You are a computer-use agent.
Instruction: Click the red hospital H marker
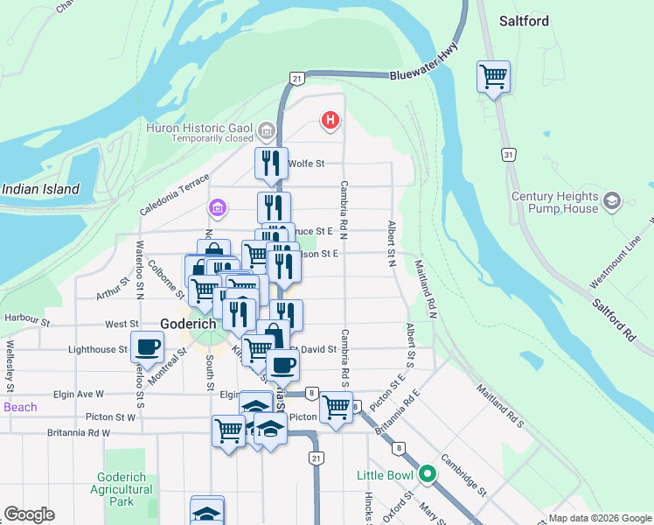[x=330, y=120]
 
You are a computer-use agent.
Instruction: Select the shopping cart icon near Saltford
[x=494, y=76]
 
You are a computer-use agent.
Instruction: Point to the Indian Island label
[x=40, y=189]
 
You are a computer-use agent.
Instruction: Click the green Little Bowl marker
[x=427, y=475]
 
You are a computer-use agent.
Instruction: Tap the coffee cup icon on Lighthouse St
[x=146, y=346]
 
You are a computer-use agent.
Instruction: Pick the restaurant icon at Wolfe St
[x=272, y=163]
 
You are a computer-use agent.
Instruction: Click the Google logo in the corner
[x=29, y=514]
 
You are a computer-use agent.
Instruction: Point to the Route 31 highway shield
[x=508, y=154]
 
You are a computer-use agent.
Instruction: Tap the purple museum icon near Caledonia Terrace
[x=216, y=208]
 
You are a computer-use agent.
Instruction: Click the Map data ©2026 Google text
[x=599, y=518]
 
